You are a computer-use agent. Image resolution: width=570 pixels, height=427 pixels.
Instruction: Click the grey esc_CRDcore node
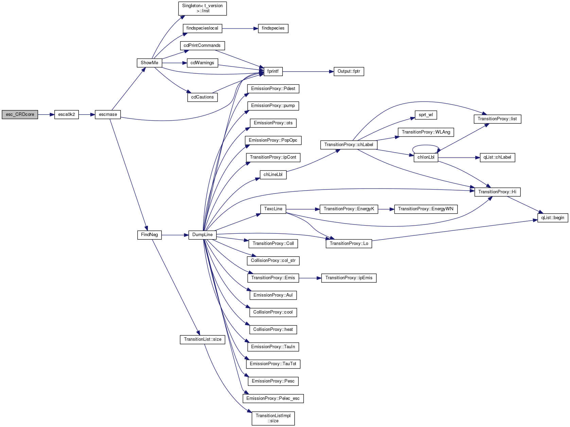[20, 114]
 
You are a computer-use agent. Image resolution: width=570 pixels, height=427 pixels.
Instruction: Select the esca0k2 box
[66, 114]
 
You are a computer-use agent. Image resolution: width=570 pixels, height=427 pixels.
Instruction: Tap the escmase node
[108, 114]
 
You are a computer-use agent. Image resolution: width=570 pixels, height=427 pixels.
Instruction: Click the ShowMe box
[149, 63]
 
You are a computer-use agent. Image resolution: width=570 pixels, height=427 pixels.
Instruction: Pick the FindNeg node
[149, 235]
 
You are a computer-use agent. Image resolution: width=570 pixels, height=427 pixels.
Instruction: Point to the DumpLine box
[202, 235]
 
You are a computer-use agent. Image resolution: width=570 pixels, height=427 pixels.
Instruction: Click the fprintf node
[273, 71]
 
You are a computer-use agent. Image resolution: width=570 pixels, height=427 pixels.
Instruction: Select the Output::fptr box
[349, 71]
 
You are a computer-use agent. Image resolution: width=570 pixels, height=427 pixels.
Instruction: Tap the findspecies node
[273, 28]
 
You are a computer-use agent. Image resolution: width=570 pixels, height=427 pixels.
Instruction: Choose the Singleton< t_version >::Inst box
[202, 8]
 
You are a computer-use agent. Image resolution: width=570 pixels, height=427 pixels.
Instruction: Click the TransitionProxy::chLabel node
[348, 145]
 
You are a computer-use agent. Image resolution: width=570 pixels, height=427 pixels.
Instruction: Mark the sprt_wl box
[426, 115]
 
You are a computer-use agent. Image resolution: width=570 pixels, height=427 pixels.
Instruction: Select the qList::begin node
[552, 218]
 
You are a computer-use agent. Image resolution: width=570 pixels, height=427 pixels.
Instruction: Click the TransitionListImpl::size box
[273, 418]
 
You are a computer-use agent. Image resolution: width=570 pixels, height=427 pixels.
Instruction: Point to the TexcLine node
[273, 209]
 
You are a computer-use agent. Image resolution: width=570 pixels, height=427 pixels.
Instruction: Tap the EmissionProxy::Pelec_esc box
[273, 398]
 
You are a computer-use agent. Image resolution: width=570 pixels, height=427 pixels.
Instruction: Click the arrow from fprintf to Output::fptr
[306, 72]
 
